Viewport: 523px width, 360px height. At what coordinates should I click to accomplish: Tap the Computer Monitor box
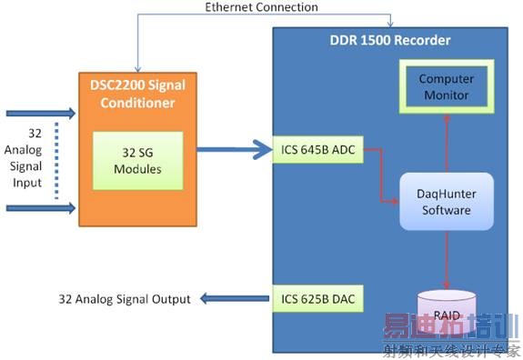point(447,86)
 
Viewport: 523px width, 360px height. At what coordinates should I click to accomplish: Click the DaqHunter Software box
point(446,202)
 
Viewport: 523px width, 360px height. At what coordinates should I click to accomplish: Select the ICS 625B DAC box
point(318,297)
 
